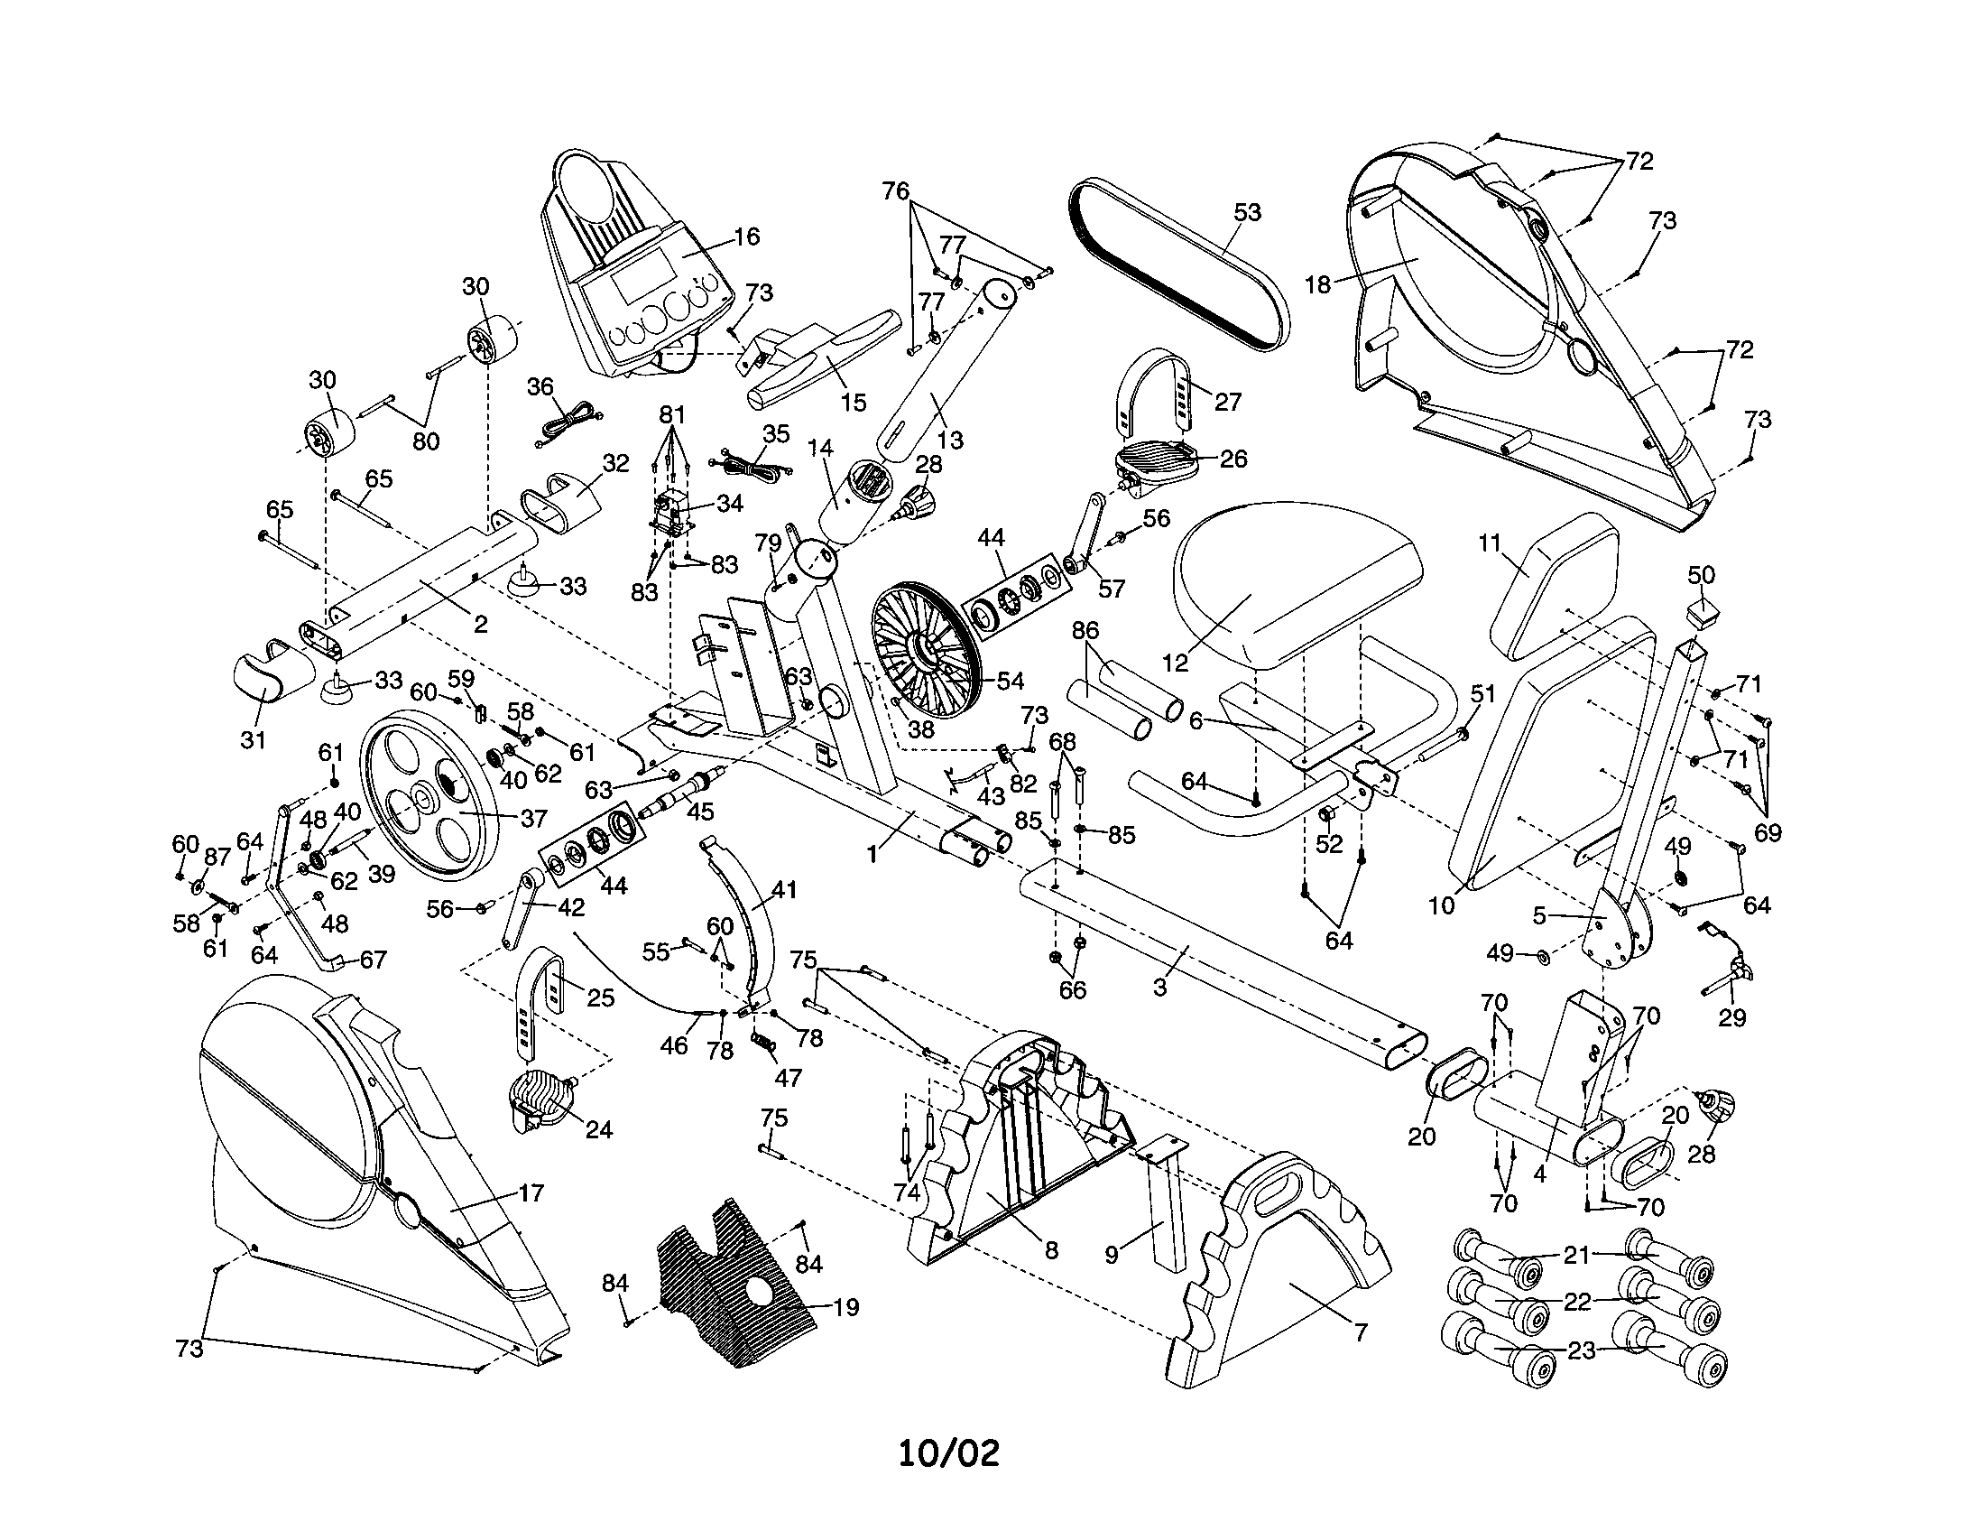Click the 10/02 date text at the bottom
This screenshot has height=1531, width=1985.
pos(948,1452)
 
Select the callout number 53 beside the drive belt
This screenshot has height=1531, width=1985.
pos(1247,212)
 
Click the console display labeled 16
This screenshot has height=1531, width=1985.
pos(636,273)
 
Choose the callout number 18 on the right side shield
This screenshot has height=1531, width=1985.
pos(1317,283)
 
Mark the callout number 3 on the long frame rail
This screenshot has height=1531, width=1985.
pos(1159,986)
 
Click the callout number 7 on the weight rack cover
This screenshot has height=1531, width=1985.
pos(1360,1332)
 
